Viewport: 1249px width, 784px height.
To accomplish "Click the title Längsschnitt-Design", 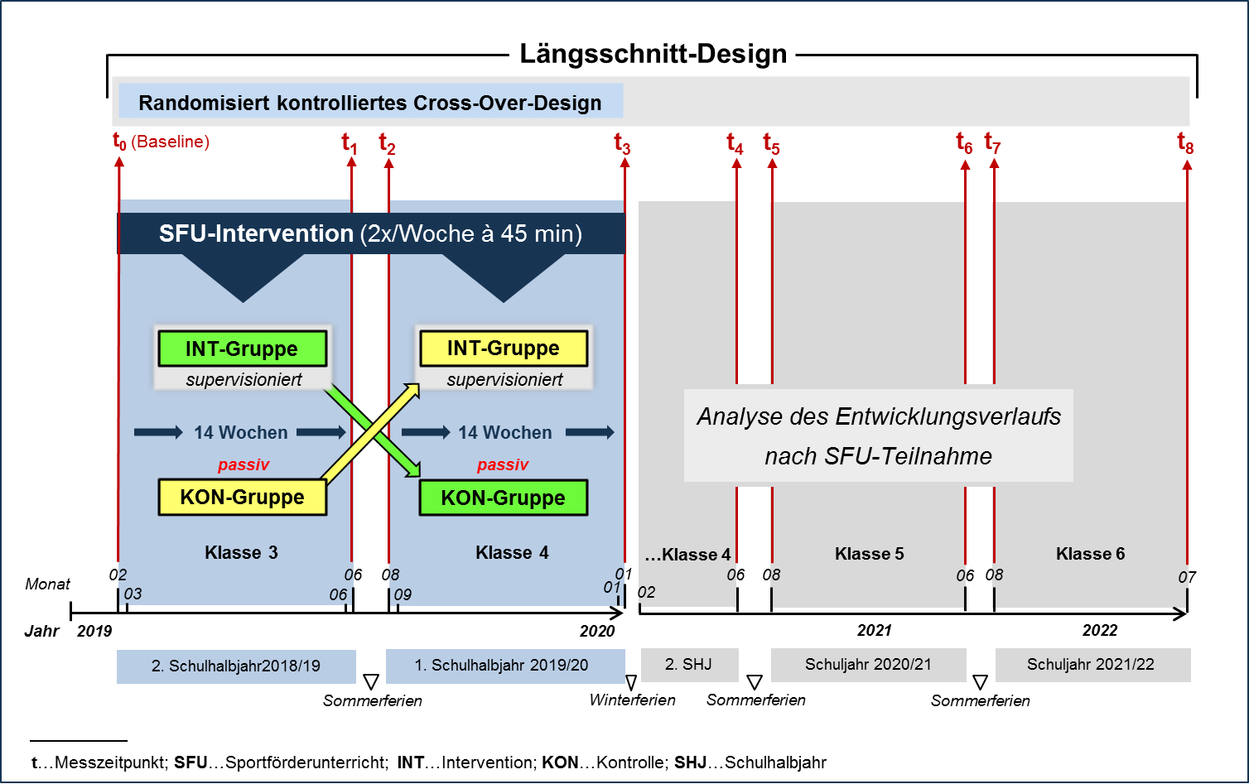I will point(653,54).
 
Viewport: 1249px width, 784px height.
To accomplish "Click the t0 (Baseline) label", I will point(161,142).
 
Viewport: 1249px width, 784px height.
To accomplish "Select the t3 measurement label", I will point(622,144).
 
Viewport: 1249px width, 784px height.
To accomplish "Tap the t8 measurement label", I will point(1185,143).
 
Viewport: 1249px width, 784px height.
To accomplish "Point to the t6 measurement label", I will point(964,143).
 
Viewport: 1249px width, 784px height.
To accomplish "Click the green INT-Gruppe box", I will point(242,349).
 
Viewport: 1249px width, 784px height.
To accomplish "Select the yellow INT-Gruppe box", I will point(504,349).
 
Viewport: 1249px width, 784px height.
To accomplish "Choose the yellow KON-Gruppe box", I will point(242,498).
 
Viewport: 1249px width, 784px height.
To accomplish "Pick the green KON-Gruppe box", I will point(503,498).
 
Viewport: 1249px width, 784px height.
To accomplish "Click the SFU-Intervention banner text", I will point(370,233).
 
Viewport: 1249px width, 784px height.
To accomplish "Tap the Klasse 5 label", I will point(869,554).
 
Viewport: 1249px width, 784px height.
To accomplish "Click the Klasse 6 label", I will point(1090,554).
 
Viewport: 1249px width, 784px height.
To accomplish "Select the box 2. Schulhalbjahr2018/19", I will point(236,666).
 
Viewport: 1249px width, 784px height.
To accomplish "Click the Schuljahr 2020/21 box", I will point(868,665).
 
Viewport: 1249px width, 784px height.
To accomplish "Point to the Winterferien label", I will point(632,700).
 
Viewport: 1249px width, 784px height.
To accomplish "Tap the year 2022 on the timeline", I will point(1100,631).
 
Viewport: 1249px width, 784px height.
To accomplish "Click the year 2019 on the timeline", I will point(94,631).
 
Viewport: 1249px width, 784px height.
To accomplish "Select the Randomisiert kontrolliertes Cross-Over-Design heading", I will point(370,103).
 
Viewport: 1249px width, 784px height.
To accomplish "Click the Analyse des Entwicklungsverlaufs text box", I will point(878,435).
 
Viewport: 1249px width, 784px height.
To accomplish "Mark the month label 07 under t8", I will point(1187,577).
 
